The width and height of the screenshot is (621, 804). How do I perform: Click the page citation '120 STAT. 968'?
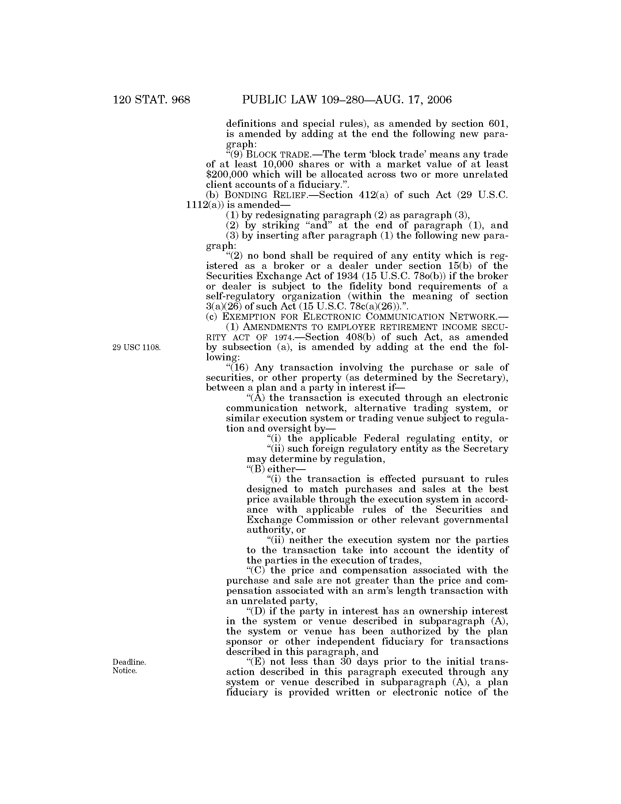point(152,100)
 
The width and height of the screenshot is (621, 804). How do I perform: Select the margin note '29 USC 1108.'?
point(137,348)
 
